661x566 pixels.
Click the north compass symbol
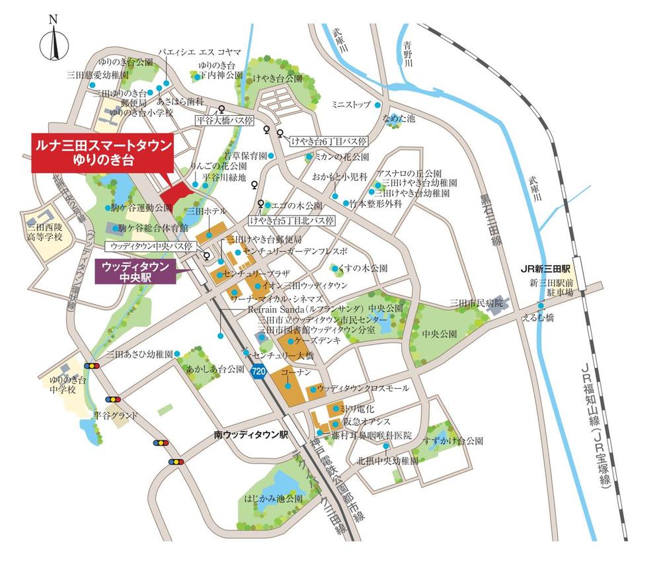54,41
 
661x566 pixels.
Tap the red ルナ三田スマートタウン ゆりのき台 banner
102,154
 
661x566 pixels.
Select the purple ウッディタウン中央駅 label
136,272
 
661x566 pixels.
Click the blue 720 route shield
259,372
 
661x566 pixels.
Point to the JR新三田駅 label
545,269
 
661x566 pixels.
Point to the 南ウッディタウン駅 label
252,436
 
